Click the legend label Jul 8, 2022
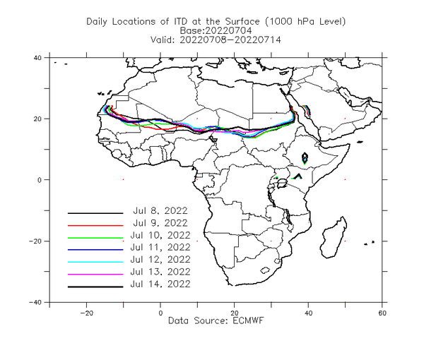click(160, 210)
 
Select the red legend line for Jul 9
click(95, 225)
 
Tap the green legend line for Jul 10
click(95, 238)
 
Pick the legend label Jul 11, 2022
click(160, 247)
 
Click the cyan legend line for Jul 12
click(95, 262)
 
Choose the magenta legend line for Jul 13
click(95, 275)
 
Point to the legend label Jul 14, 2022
click(160, 284)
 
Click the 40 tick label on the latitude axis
click(37, 58)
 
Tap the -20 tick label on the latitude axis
click(35, 241)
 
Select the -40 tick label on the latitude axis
click(35, 302)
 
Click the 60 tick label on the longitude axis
click(382, 313)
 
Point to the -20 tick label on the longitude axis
click(86, 313)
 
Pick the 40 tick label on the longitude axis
click(308, 313)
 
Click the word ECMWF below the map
click(248, 320)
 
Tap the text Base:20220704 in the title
click(216, 30)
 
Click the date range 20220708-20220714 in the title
click(230, 40)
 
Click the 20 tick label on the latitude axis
click(37, 119)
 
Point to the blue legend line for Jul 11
click(95, 250)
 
